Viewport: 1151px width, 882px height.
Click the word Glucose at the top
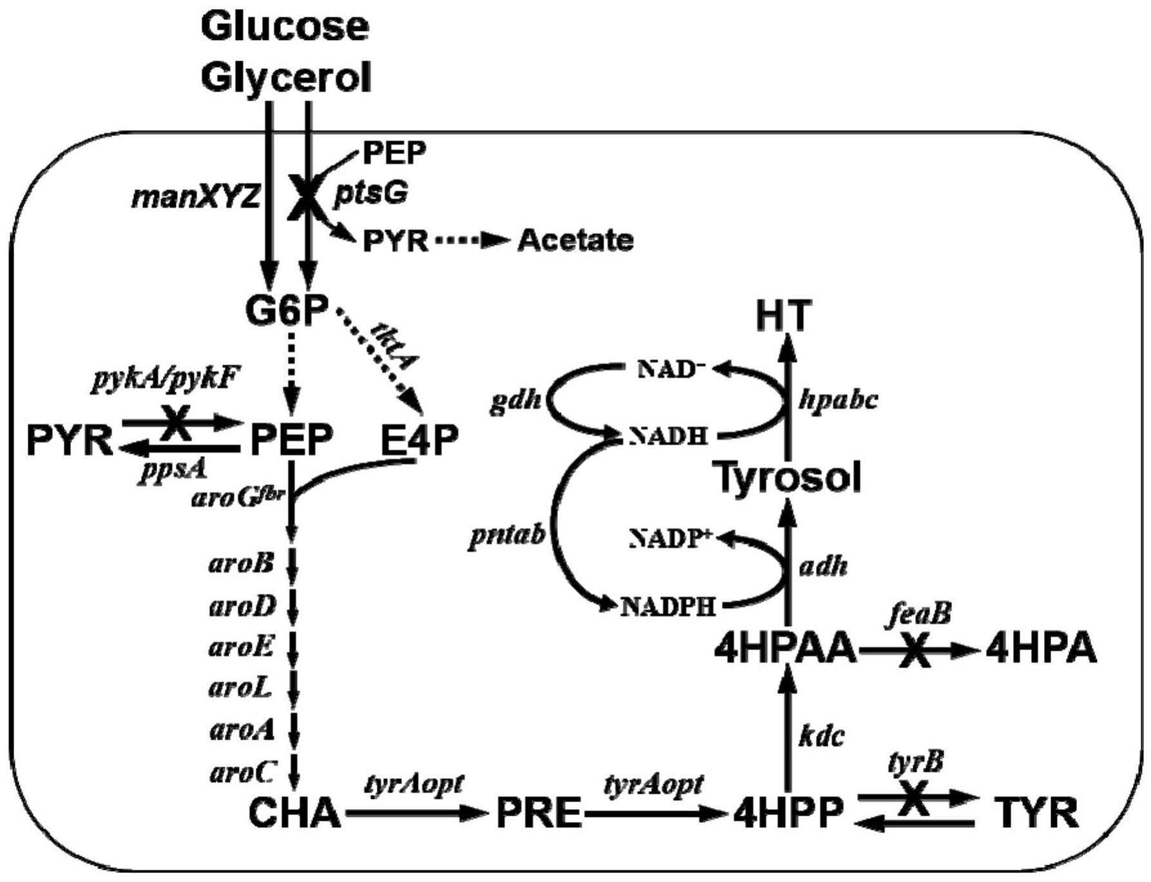point(285,27)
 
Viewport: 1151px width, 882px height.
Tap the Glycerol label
point(286,77)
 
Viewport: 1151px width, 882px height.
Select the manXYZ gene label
point(196,197)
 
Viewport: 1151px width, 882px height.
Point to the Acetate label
point(575,240)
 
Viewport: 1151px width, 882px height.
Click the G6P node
point(287,310)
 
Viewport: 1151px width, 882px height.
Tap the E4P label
point(420,440)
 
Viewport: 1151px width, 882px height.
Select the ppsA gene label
point(172,469)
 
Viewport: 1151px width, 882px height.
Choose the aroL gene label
point(240,689)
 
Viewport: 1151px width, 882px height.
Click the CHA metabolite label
point(295,812)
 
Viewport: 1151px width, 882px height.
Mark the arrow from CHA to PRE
point(416,814)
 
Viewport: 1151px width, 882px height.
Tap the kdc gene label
point(821,736)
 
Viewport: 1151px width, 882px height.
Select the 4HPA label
point(1041,649)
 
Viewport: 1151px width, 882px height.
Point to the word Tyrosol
point(789,478)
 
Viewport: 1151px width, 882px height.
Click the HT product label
point(784,316)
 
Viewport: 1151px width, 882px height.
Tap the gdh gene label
point(515,401)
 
